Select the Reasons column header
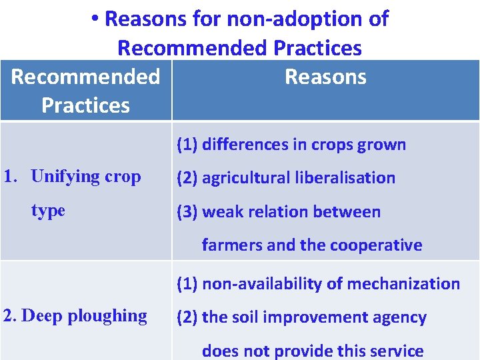(325, 77)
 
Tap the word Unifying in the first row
(66, 177)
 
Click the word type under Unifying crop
(48, 211)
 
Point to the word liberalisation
(347, 178)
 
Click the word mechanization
(409, 284)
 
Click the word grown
(383, 145)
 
